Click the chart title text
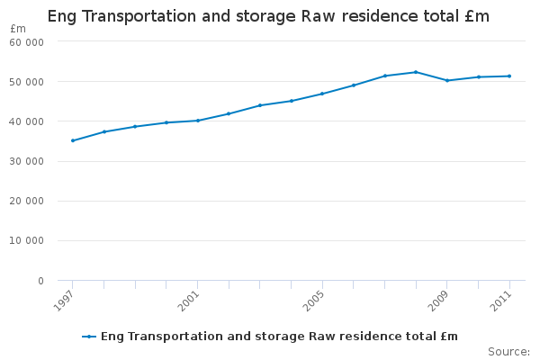click(268, 16)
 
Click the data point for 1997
click(73, 140)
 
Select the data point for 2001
click(198, 121)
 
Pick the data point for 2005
click(322, 94)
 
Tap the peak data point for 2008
click(416, 72)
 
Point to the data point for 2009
click(447, 81)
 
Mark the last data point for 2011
click(509, 76)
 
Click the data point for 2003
click(260, 105)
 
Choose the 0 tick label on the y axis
click(40, 281)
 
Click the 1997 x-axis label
click(64, 301)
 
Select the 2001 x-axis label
click(189, 301)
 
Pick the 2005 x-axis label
click(313, 301)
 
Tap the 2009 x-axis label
click(438, 301)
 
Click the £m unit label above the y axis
click(18, 29)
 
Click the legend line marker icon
click(89, 337)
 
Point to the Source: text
click(508, 351)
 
